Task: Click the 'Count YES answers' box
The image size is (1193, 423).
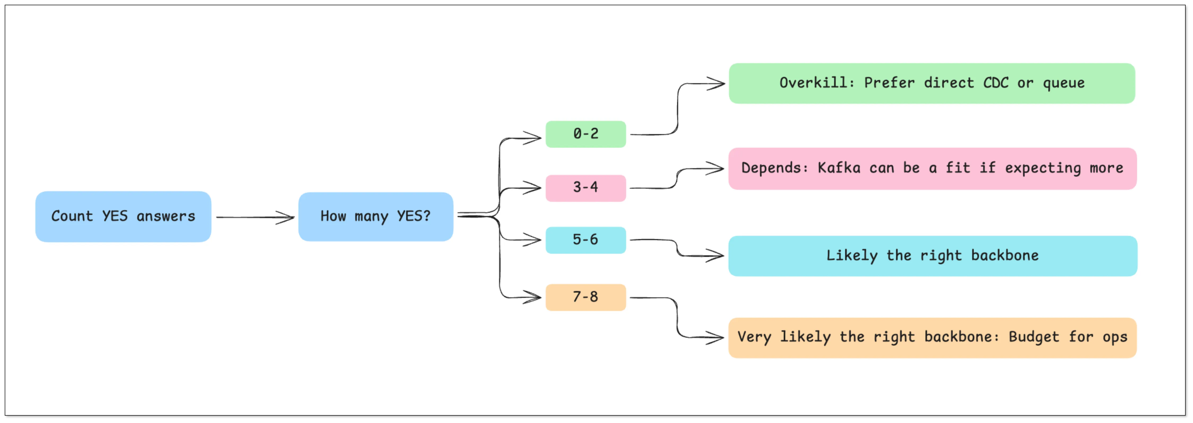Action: [123, 217]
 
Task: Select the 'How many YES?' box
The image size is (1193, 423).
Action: [376, 217]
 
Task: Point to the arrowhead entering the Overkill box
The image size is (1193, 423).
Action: [718, 84]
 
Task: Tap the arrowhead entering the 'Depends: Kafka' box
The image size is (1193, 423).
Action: [717, 169]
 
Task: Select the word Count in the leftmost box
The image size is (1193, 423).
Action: [72, 216]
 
